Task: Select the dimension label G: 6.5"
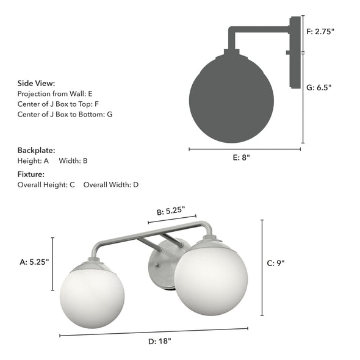319,87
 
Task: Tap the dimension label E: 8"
242,157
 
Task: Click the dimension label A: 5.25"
34,262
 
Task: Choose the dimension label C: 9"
276,264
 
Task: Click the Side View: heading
36,84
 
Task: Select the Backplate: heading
36,150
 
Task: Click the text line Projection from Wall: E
55,94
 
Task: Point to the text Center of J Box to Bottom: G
65,114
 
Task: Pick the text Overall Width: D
111,184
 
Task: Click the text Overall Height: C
46,184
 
